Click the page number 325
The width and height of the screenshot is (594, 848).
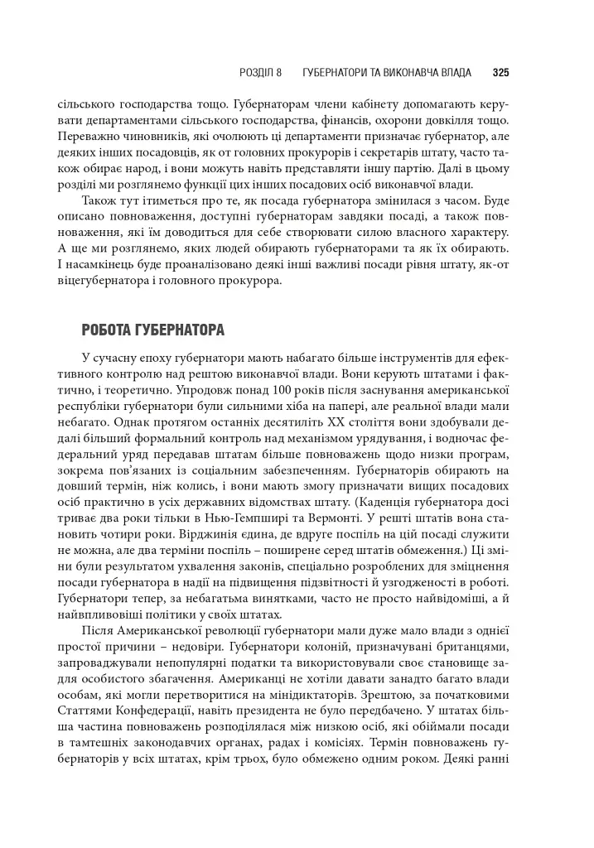pyautogui.click(x=500, y=73)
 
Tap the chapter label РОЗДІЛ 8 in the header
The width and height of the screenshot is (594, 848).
pyautogui.click(x=260, y=73)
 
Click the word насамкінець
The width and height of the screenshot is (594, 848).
pyautogui.click(x=108, y=265)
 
